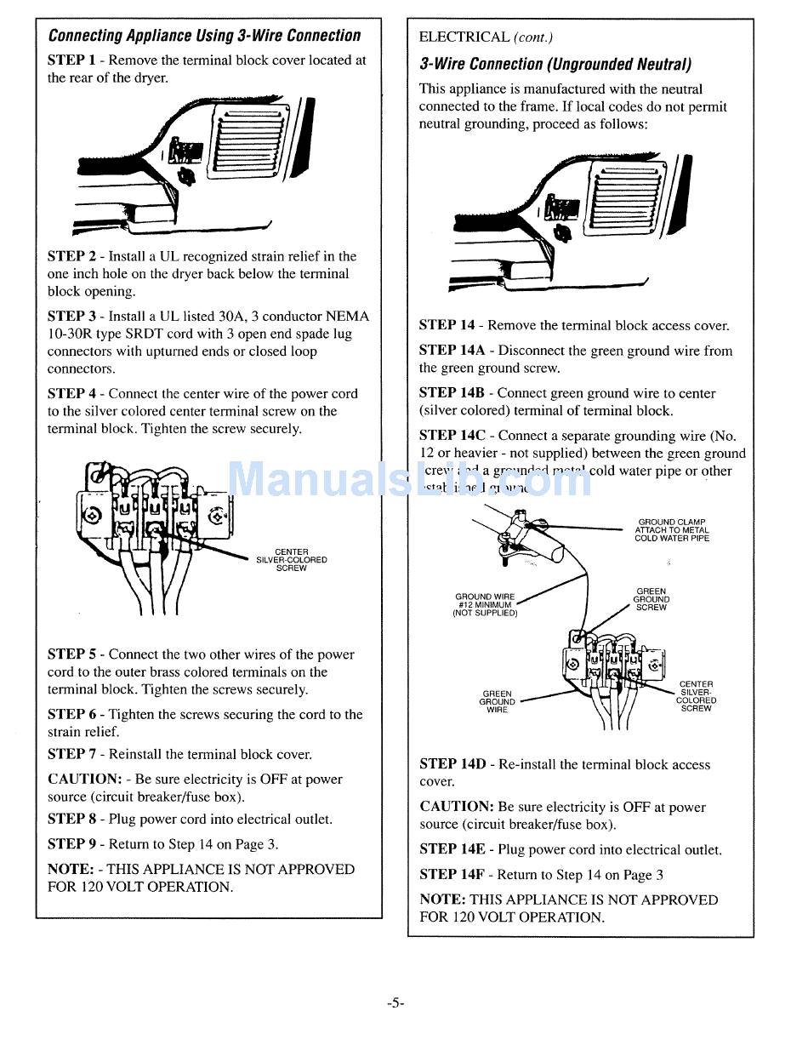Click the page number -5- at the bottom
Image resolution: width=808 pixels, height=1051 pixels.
(395, 1002)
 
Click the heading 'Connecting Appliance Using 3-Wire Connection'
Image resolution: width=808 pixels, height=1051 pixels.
(204, 36)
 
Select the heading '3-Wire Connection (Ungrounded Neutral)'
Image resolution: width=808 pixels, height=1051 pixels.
(555, 64)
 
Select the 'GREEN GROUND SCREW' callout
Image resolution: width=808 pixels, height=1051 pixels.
(652, 599)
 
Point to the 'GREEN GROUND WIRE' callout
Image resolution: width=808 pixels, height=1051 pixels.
(498, 702)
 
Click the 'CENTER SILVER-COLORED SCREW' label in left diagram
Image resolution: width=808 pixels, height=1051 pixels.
(292, 560)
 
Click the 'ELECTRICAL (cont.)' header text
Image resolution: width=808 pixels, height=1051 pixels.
(486, 37)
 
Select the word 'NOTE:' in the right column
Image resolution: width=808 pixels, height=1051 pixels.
(441, 900)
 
